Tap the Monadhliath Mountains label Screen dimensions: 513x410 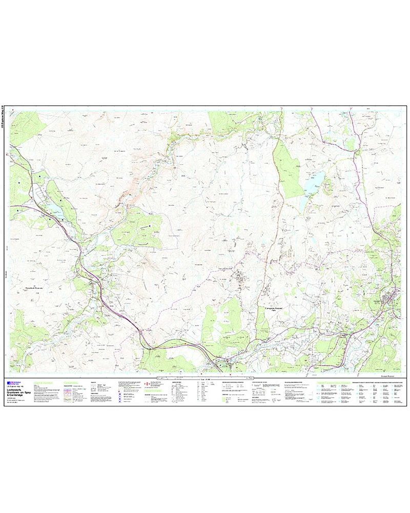click(x=34, y=288)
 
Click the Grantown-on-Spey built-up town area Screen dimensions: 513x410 click(x=392, y=298)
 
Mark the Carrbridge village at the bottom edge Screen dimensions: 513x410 click(x=225, y=366)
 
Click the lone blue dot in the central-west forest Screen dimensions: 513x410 click(x=150, y=226)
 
